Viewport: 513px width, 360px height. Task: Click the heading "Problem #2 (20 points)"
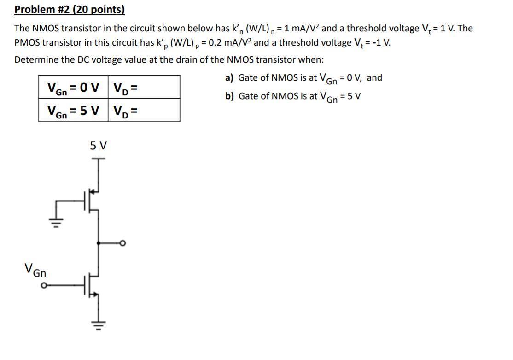point(70,10)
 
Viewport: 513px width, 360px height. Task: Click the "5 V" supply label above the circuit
point(98,146)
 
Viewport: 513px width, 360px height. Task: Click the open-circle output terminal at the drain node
point(123,243)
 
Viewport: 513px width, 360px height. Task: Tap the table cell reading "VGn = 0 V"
point(73,87)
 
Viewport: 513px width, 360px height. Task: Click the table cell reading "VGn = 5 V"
point(73,110)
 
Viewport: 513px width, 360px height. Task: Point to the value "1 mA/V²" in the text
point(300,29)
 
